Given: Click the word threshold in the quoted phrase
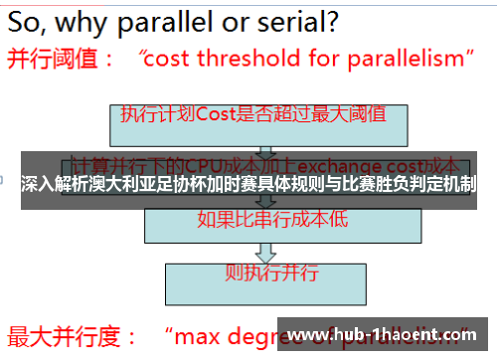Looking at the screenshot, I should coord(242,60).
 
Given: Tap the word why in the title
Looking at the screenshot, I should coord(100,20).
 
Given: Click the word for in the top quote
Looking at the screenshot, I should coord(314,60).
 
